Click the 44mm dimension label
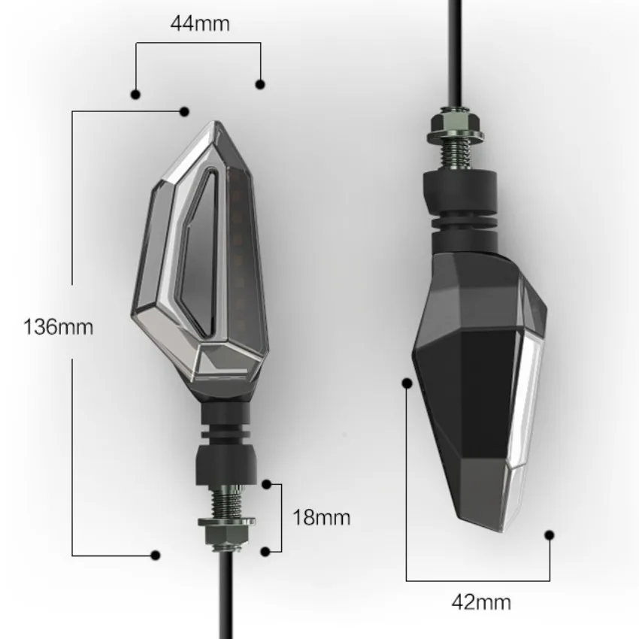pos(200,23)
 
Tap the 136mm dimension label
pos(59,327)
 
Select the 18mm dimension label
pos(322,517)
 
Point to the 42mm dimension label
pos(481,602)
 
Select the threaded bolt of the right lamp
pos(456,156)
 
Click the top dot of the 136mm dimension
pos(184,111)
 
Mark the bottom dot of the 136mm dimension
pos(156,555)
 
